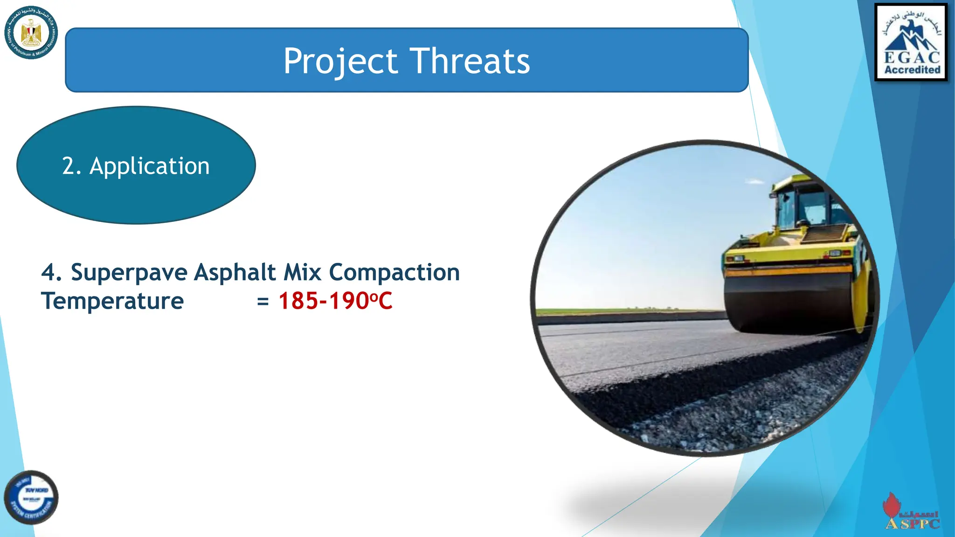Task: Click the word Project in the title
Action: point(340,62)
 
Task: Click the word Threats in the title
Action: point(470,61)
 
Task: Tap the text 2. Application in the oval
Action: point(136,166)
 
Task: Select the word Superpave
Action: point(129,272)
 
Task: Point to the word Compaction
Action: point(394,272)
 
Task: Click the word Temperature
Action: point(112,301)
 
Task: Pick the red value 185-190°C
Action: point(335,301)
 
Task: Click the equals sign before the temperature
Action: point(263,302)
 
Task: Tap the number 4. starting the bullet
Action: point(51,272)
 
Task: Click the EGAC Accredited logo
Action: point(911,42)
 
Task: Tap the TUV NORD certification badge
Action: point(31,497)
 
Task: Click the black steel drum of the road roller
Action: point(788,303)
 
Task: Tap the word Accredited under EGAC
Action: point(912,70)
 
